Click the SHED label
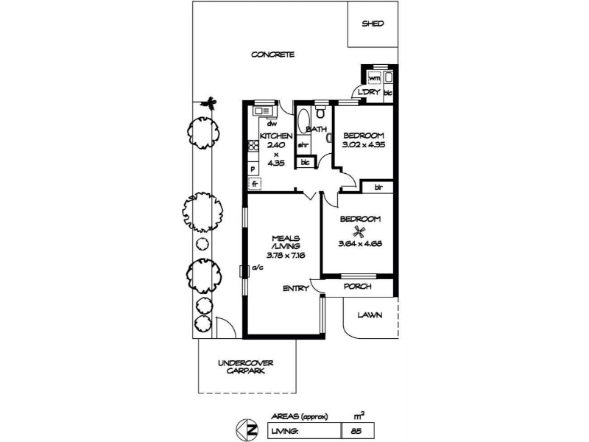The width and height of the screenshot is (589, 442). click(373, 24)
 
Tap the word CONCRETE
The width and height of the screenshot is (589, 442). click(272, 55)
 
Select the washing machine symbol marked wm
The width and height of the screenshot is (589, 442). click(374, 78)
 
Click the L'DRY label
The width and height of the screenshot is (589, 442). click(370, 92)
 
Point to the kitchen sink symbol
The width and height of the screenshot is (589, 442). click(264, 111)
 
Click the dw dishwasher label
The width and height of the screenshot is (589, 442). click(272, 123)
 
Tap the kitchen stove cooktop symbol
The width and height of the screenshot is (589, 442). click(253, 145)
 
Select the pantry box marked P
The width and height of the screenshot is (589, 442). click(253, 169)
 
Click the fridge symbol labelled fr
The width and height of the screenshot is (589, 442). click(255, 183)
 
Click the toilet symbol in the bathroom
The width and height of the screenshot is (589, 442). click(320, 112)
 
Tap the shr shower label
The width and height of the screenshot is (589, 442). click(303, 145)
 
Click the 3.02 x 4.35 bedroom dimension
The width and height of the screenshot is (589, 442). click(364, 144)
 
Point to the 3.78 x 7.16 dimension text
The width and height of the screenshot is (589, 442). click(286, 255)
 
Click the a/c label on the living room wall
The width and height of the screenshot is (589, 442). click(258, 267)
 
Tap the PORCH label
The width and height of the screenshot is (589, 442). click(358, 287)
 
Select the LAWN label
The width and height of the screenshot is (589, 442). click(370, 315)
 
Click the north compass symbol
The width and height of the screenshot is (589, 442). click(247, 429)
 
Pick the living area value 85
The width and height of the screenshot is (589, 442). click(356, 431)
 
